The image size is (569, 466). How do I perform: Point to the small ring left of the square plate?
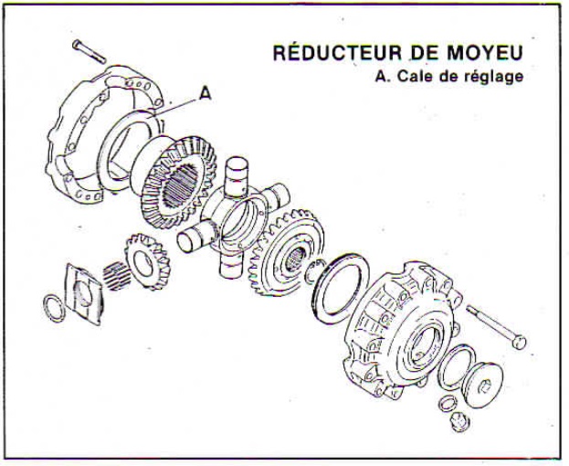(x=54, y=308)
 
